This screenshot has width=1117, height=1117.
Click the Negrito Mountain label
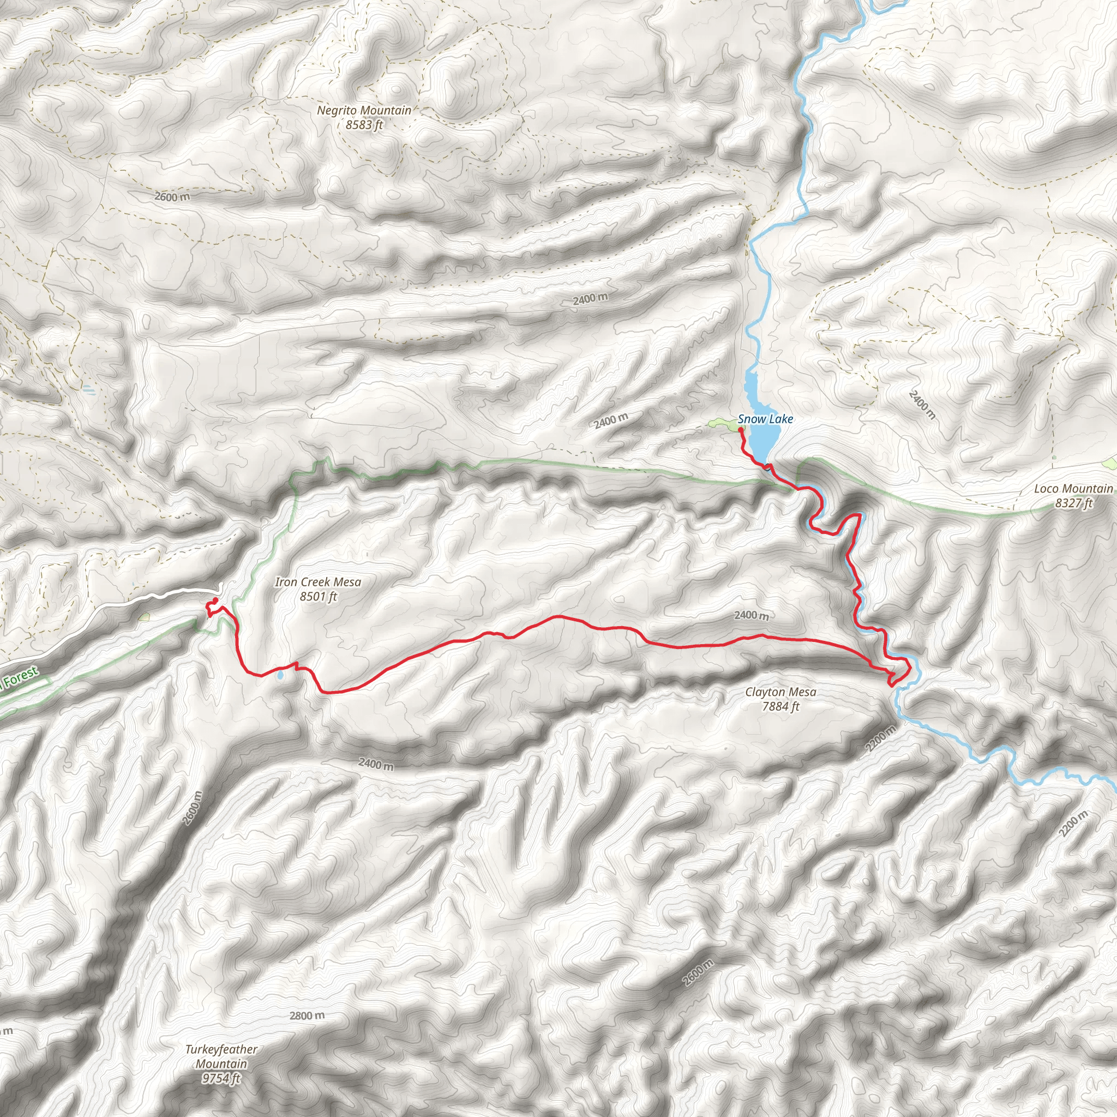(x=364, y=110)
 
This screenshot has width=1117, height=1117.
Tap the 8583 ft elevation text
(x=364, y=124)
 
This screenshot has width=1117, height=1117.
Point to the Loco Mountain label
(x=1073, y=489)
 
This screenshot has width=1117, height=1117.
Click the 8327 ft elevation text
(x=1073, y=503)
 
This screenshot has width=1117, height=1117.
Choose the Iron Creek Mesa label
(x=318, y=581)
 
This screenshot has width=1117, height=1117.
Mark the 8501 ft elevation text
(x=318, y=596)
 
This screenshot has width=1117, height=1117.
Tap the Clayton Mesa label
(x=780, y=692)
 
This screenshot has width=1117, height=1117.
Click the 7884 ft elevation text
(x=780, y=706)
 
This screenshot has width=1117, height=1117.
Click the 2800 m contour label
(x=307, y=1016)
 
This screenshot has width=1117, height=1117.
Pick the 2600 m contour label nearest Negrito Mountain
(x=172, y=196)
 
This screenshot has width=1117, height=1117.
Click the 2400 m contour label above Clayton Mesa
(x=752, y=615)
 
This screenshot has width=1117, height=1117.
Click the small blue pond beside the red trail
(x=280, y=675)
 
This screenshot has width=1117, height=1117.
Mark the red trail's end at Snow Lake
(x=741, y=430)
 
